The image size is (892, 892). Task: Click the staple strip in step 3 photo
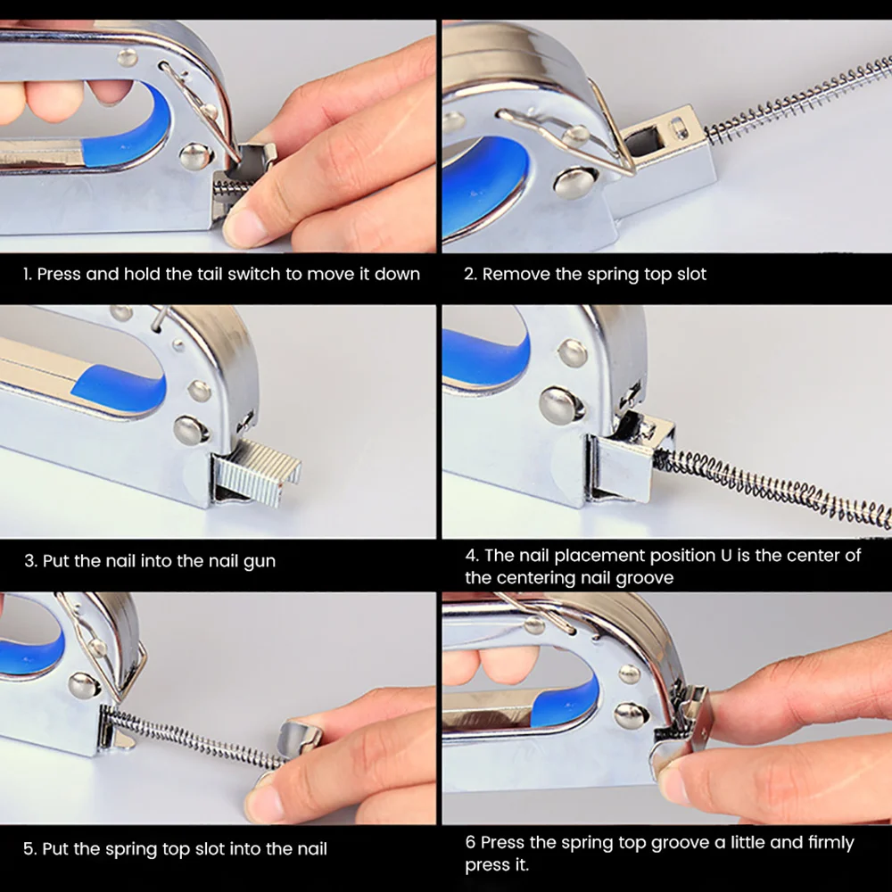[x=257, y=471]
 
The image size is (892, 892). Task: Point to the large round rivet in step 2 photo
[x=574, y=183]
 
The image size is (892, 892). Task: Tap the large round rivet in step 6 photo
[x=632, y=715]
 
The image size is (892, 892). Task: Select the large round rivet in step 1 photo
[x=195, y=157]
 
